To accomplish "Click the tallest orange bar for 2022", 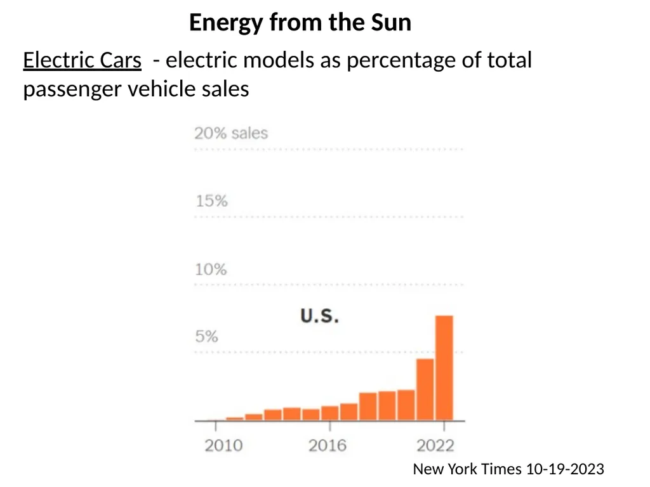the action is (444, 368).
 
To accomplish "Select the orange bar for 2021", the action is (425, 389).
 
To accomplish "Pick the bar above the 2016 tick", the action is (330, 413).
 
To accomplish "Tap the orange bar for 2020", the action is (406, 405).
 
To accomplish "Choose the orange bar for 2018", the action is (368, 406).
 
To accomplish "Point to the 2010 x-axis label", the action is (223, 446).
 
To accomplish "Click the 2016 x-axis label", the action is (327, 446).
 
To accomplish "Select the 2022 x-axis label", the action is (435, 446).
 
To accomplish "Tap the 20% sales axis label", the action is (231, 133).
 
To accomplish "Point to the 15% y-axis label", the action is (211, 201).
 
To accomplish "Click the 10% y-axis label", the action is (211, 269).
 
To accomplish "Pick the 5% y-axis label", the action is (206, 336).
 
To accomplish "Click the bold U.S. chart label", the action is (320, 316).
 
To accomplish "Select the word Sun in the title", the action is (391, 22).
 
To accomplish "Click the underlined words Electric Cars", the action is (82, 60).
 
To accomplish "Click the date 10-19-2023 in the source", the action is (565, 469).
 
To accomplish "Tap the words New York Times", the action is (467, 469).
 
